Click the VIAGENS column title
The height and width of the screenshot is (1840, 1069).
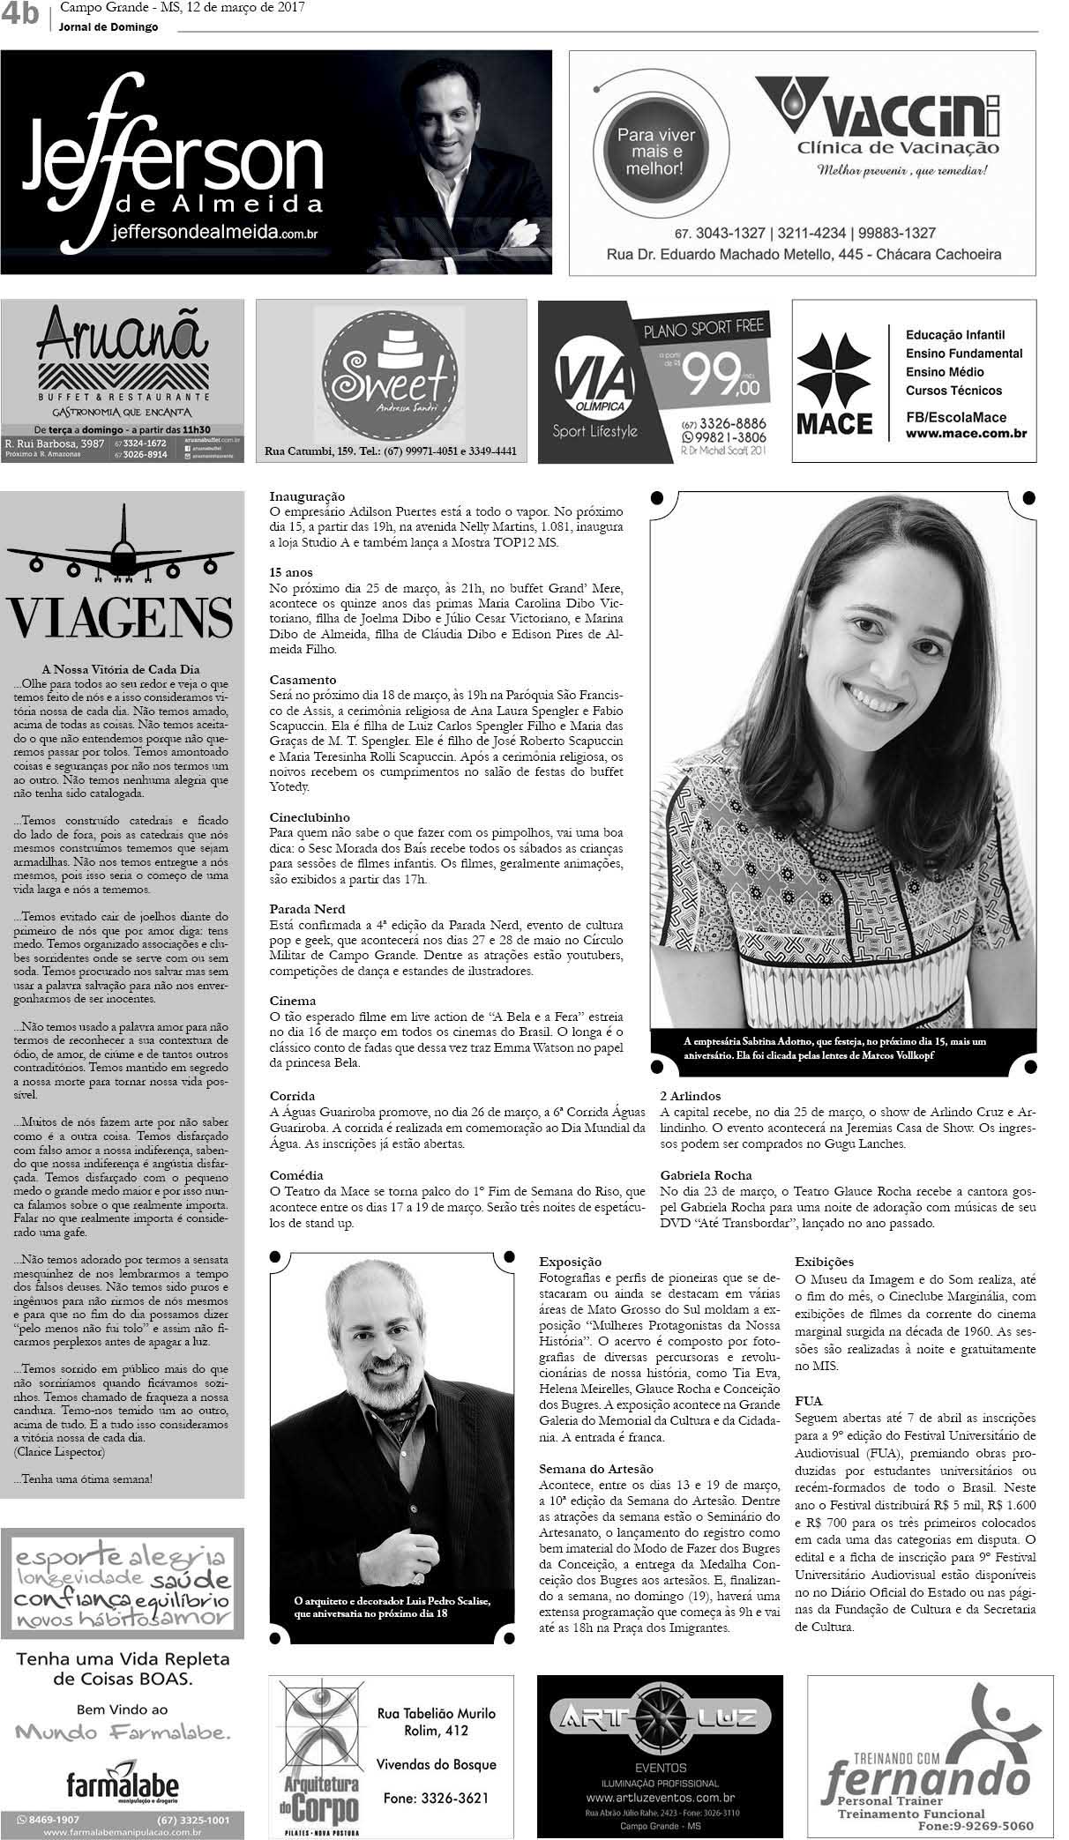click(121, 617)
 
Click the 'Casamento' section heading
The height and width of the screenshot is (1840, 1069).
click(303, 680)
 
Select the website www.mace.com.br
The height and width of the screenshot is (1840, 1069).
click(961, 434)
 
